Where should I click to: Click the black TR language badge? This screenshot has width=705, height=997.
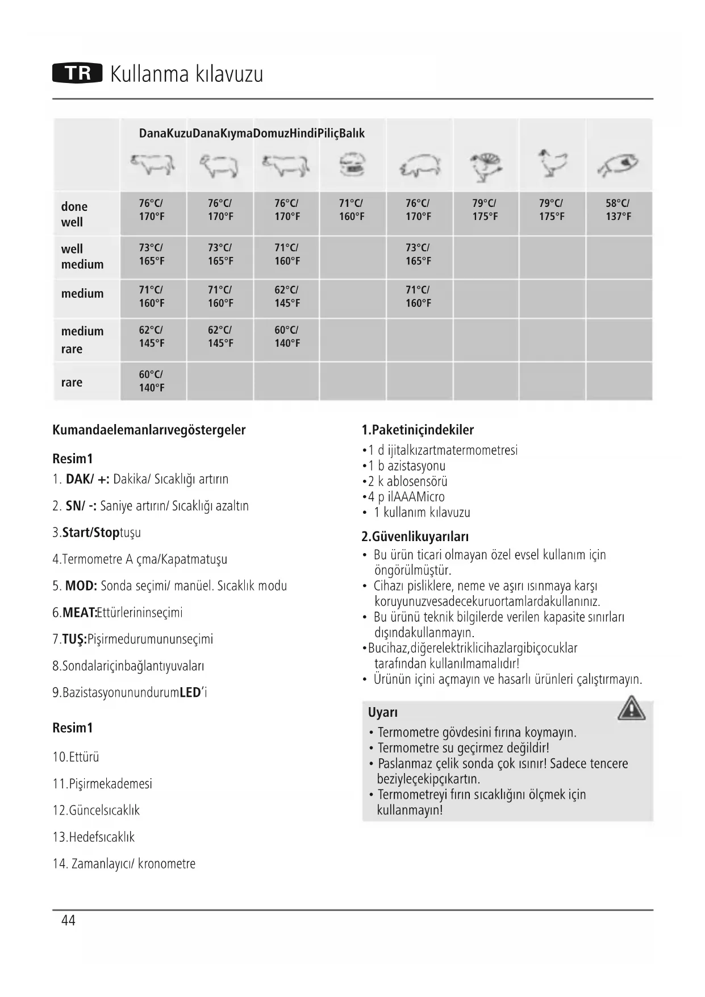pyautogui.click(x=77, y=73)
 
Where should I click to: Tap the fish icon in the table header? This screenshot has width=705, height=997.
pyautogui.click(x=618, y=165)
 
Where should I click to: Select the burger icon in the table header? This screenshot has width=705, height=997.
pyautogui.click(x=353, y=165)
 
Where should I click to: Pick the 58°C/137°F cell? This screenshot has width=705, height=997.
pyautogui.click(x=618, y=210)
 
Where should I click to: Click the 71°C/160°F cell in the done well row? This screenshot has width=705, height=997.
pyautogui.click(x=352, y=210)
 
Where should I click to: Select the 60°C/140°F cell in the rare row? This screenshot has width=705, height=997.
pyautogui.click(x=152, y=381)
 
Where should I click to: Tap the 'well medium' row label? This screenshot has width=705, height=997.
pyautogui.click(x=82, y=256)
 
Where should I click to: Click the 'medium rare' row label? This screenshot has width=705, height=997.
pyautogui.click(x=82, y=339)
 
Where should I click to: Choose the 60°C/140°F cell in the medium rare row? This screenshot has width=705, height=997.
pyautogui.click(x=287, y=337)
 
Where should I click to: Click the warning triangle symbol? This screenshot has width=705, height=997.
pyautogui.click(x=631, y=709)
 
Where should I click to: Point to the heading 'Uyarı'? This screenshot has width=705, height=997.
pyautogui.click(x=382, y=712)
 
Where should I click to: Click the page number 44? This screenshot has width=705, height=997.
pyautogui.click(x=68, y=920)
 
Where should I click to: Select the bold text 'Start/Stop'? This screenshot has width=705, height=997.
pyautogui.click(x=91, y=533)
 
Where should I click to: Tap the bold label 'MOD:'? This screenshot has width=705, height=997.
pyautogui.click(x=81, y=586)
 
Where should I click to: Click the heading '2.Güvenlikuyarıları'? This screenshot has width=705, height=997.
pyautogui.click(x=415, y=537)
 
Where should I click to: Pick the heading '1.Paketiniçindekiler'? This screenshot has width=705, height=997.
pyautogui.click(x=418, y=430)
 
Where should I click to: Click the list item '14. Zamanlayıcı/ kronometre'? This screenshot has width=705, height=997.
pyautogui.click(x=124, y=864)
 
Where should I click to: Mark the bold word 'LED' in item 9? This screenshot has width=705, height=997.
pyautogui.click(x=190, y=692)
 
